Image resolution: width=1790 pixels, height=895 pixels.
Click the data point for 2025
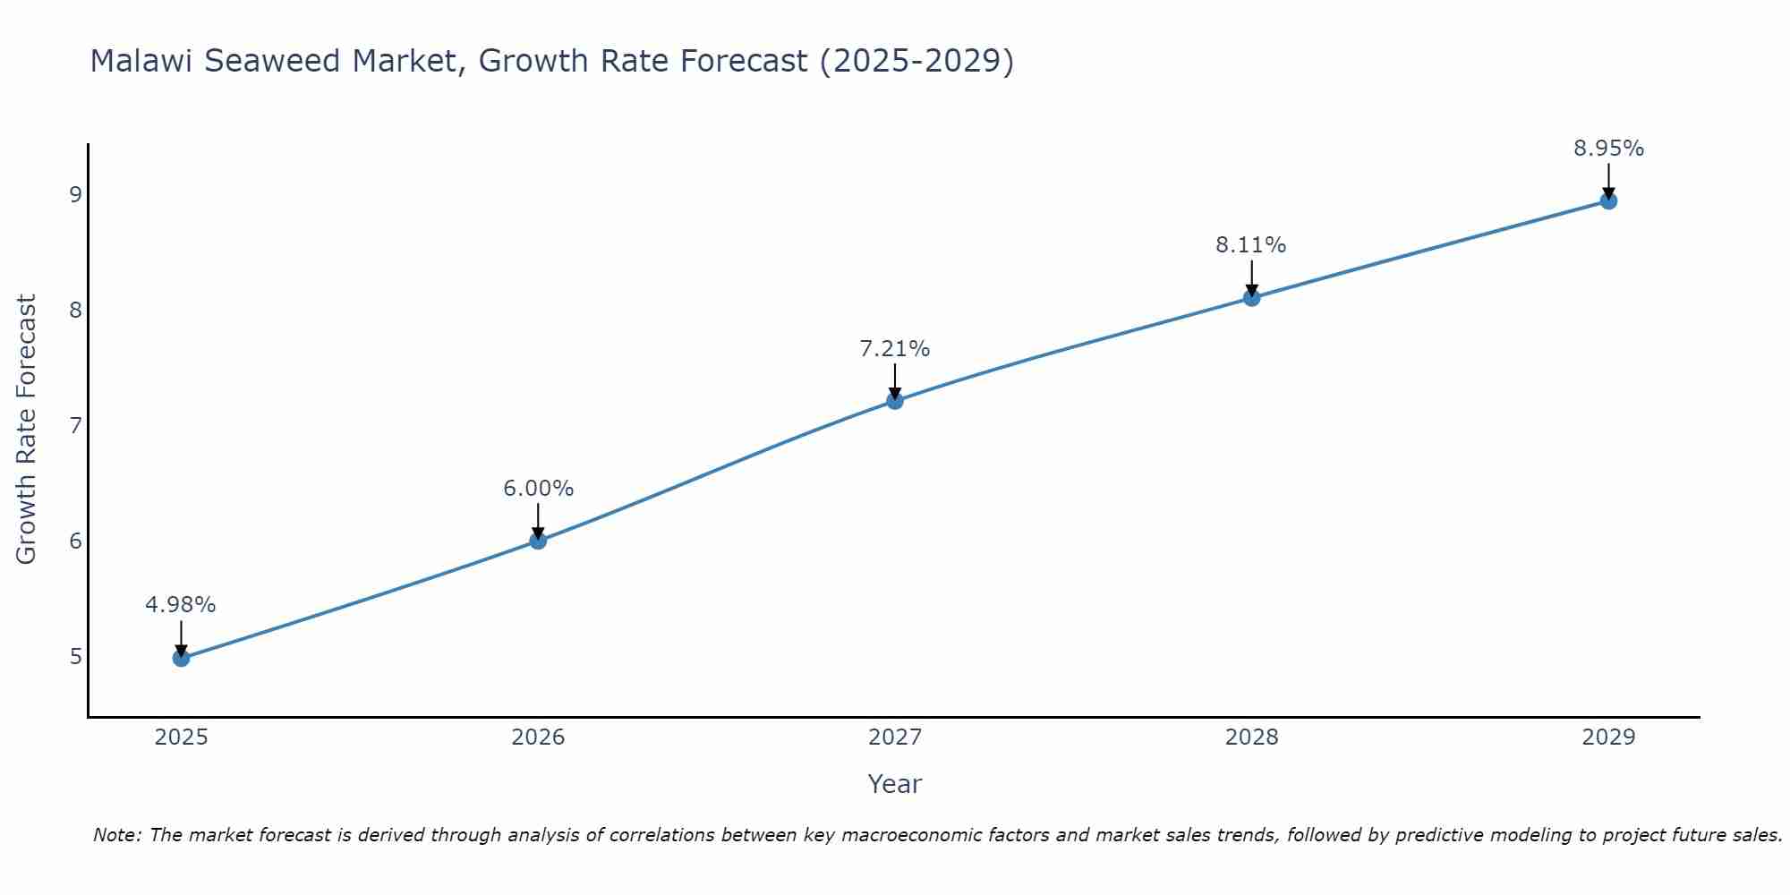(x=181, y=659)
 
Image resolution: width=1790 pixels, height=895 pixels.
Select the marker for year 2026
(x=538, y=541)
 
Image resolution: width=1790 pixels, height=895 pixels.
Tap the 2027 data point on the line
(x=895, y=401)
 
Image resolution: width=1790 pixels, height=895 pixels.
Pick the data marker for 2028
(x=1251, y=297)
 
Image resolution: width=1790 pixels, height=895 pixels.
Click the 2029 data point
(x=1608, y=200)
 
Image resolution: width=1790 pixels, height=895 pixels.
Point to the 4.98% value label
(x=181, y=605)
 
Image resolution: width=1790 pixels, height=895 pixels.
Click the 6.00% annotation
(x=538, y=489)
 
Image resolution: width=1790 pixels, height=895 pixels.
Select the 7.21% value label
(x=895, y=349)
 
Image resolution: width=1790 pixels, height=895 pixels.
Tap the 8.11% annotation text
(x=1251, y=245)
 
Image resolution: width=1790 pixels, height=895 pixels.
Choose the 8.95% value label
(x=1608, y=149)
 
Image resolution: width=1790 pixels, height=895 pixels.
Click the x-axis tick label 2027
(x=895, y=737)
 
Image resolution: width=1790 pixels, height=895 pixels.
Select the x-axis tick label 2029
(x=1608, y=737)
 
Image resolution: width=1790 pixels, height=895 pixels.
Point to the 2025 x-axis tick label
(x=181, y=737)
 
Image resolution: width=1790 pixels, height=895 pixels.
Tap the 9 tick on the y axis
(x=75, y=194)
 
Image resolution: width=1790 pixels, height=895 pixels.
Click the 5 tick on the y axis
(x=75, y=656)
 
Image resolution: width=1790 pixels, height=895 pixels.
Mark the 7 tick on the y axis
(x=75, y=425)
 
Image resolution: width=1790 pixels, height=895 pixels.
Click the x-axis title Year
(x=895, y=784)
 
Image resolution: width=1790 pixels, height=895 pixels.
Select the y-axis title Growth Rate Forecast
(x=27, y=430)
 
